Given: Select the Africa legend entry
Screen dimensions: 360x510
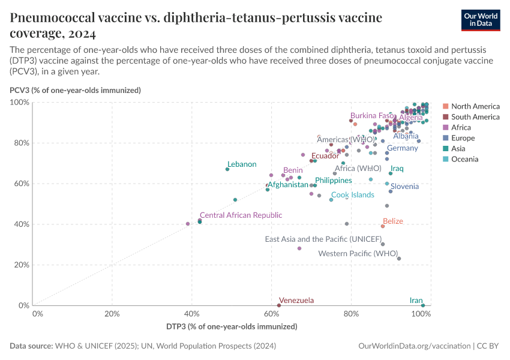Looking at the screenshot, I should [461, 127].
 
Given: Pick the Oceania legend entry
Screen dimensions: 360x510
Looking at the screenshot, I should [464, 159].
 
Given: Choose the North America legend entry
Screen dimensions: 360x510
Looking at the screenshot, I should [475, 106].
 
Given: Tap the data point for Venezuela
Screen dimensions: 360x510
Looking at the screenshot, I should [278, 305].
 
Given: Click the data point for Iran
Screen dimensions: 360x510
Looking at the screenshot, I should [423, 305].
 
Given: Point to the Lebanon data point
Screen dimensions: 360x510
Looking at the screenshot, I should [227, 169].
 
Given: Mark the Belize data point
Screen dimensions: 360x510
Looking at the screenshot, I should [383, 226].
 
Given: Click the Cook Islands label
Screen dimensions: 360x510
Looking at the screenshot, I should [353, 195].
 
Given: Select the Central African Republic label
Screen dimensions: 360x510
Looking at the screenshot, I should [241, 215].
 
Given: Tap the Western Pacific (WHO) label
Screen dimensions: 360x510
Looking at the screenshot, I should [358, 254].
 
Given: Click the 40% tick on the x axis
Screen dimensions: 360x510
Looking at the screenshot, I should [192, 314].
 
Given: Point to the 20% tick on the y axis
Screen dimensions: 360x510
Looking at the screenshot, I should [22, 265].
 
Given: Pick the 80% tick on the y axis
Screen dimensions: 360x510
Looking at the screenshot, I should [22, 143].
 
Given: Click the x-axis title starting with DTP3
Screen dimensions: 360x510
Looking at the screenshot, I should [232, 327].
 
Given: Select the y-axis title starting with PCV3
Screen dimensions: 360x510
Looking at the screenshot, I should [75, 91].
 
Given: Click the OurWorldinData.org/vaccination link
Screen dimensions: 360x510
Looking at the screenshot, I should [413, 346].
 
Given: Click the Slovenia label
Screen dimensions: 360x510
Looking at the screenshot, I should [404, 187].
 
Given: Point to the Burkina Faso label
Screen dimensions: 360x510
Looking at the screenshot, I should [372, 116].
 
